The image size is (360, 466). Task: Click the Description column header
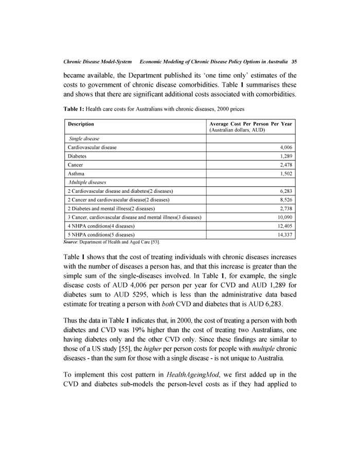tap(81, 124)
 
